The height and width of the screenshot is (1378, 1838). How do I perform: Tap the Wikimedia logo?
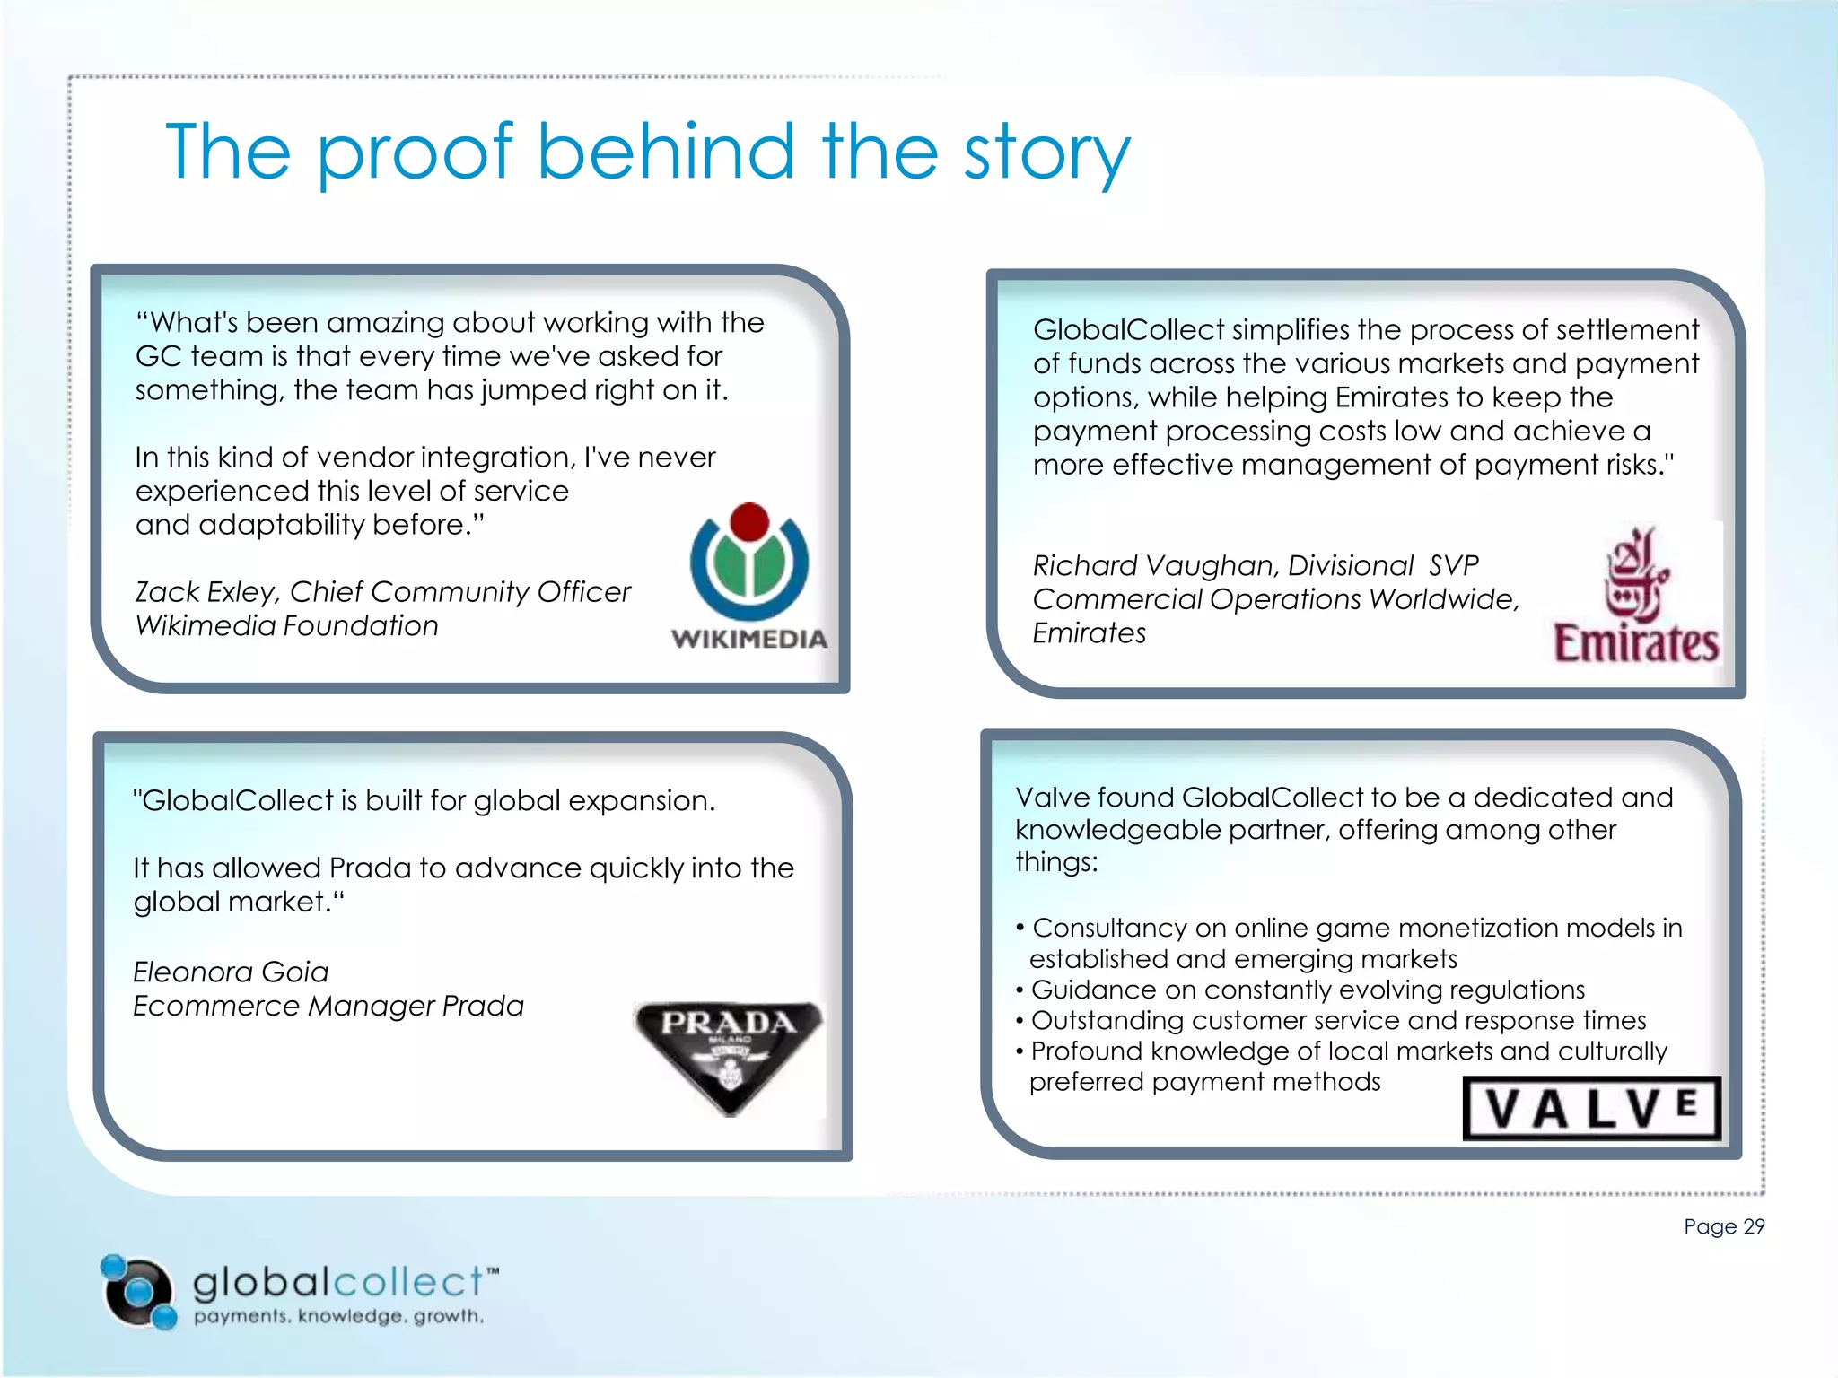point(749,575)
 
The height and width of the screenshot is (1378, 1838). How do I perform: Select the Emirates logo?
point(1636,596)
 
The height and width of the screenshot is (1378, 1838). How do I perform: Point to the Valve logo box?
point(1591,1108)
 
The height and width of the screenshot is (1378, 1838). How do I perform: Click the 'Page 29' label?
point(1723,1226)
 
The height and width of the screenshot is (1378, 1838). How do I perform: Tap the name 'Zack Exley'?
point(206,592)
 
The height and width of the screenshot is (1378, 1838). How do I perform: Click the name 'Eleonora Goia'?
point(231,972)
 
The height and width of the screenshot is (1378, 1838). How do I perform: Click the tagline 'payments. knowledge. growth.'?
point(339,1316)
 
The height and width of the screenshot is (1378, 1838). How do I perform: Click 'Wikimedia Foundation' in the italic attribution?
point(286,625)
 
